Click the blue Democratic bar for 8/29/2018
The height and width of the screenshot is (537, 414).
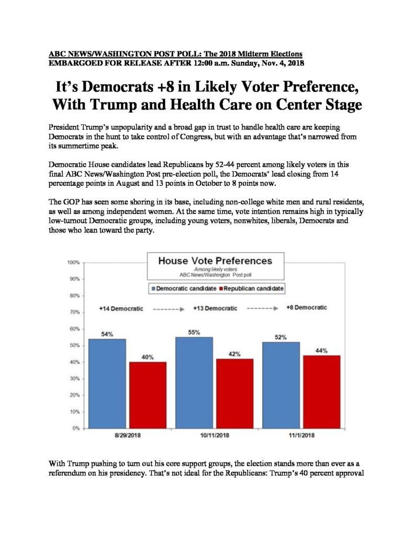107,383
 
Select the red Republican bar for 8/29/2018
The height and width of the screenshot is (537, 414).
148,395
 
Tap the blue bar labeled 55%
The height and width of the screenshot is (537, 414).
194,382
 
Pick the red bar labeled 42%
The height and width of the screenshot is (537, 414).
235,393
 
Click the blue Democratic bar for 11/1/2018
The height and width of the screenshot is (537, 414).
281,385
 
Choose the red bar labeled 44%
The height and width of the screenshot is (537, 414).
322,392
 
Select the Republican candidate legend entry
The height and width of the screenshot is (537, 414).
251,288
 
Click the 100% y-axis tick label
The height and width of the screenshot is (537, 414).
73,262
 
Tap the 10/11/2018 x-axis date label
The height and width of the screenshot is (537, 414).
215,435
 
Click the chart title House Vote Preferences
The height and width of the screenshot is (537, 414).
215,261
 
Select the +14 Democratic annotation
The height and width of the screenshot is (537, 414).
121,308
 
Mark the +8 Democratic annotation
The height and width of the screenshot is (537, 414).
307,307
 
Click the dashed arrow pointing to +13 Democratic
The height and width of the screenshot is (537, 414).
169,309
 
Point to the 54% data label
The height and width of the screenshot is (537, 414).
107,334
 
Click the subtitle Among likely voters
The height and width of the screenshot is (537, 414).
216,269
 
